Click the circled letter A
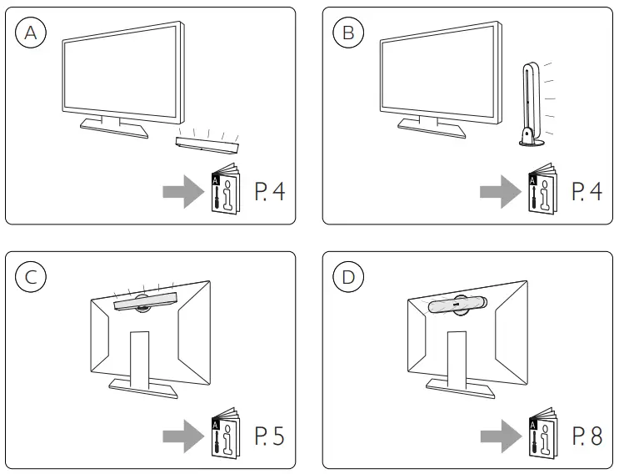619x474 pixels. tap(31, 33)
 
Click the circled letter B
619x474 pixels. tap(348, 33)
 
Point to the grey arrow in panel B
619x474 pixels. tap(499, 193)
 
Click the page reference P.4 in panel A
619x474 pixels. tap(269, 193)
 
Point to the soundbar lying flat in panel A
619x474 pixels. tap(207, 145)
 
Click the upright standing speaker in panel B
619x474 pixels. tap(528, 104)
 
